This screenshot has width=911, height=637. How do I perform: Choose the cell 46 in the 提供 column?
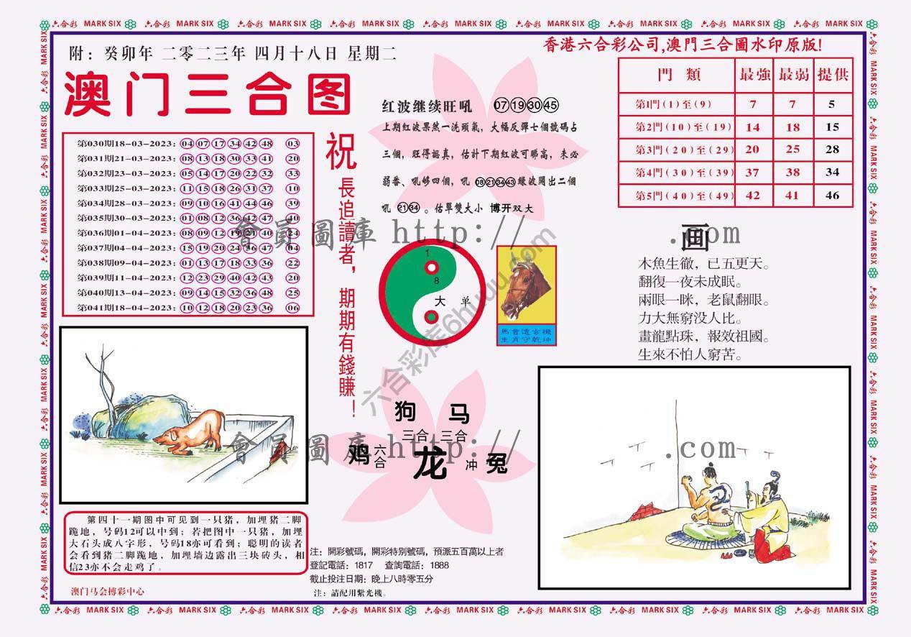point(832,196)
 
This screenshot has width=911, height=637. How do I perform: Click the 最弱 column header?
point(793,75)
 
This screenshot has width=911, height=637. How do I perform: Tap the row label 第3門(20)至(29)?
point(675,150)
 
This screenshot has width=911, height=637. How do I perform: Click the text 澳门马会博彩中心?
point(108,592)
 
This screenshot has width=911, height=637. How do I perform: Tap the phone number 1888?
point(438,565)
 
